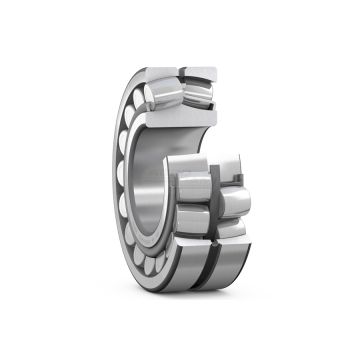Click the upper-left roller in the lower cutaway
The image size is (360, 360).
pyautogui.click(x=193, y=184)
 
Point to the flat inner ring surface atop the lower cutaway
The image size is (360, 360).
pyautogui.click(x=205, y=160)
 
